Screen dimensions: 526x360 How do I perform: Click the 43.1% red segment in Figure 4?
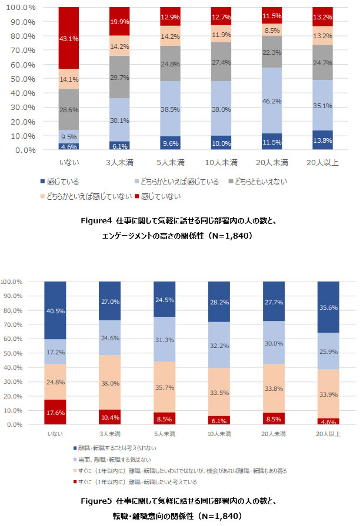69,38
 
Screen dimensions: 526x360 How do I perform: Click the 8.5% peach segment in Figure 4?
272,30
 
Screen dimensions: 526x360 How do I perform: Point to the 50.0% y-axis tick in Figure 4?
22,79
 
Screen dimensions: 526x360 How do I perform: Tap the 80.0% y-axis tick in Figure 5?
13,310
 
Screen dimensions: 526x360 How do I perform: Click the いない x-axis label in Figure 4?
69,162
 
